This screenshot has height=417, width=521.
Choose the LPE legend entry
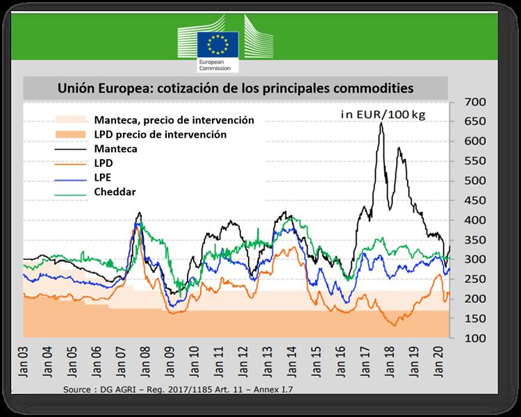click(101, 177)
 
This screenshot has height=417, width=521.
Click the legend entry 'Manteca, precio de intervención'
click(173, 120)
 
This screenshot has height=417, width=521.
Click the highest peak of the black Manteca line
click(381, 124)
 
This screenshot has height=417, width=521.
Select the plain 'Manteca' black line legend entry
click(114, 149)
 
